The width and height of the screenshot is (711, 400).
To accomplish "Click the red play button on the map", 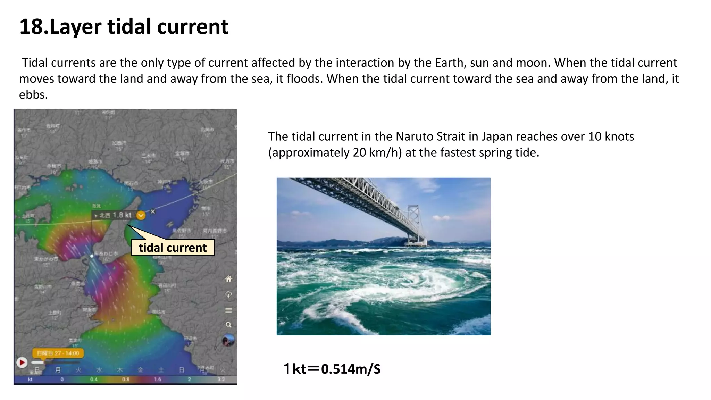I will [x=22, y=362].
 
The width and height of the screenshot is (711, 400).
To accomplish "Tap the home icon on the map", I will [x=228, y=279].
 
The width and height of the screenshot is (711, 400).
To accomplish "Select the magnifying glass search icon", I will [x=228, y=325].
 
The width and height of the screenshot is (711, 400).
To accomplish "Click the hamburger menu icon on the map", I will [x=228, y=310].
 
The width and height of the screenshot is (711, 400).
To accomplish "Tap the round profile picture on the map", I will [x=228, y=340].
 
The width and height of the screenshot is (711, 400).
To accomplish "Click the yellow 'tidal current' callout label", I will [x=173, y=248].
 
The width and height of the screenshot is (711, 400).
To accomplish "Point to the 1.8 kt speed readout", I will [x=122, y=215].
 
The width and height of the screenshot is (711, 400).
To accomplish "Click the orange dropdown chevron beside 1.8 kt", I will [x=141, y=215].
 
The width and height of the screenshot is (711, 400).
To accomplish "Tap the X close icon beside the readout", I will [x=153, y=211].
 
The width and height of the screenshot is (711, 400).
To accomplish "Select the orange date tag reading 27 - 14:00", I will [x=58, y=353].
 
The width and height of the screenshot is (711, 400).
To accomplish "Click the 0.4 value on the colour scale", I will [x=94, y=379].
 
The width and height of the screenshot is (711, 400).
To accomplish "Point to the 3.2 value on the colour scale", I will [x=221, y=379].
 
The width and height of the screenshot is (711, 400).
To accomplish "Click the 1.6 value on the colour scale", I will [x=158, y=379].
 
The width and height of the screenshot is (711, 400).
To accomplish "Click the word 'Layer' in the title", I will [x=76, y=27].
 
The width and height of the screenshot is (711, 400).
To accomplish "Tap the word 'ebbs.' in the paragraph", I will [x=33, y=94].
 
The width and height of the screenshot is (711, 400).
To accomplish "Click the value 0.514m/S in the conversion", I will [x=351, y=369].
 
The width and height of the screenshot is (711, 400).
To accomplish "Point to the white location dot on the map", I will [x=92, y=256].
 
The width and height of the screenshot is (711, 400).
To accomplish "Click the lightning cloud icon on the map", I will [x=228, y=295].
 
